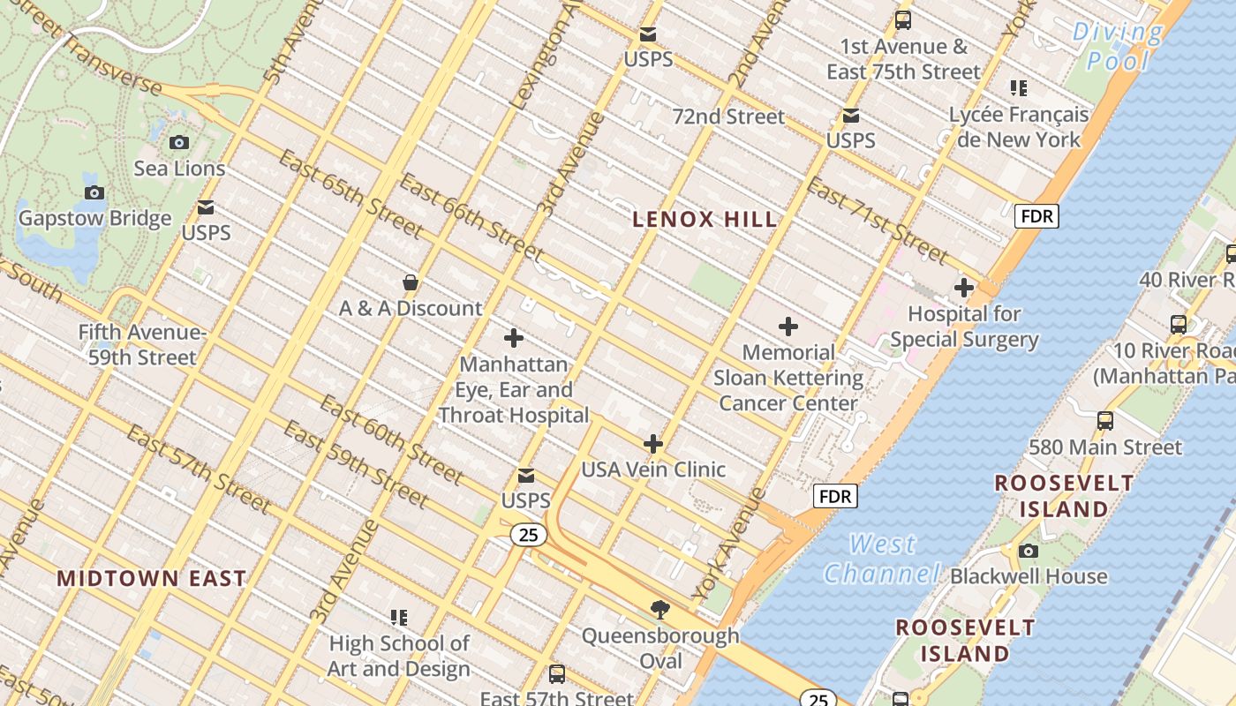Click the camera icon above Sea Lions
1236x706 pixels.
click(x=178, y=142)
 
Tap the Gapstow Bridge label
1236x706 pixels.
click(x=94, y=218)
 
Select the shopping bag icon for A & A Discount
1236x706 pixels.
click(x=410, y=283)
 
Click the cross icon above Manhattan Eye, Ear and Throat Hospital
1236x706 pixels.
click(x=513, y=338)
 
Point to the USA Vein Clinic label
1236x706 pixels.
click(x=652, y=469)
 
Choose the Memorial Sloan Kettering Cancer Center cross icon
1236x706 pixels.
click(x=788, y=327)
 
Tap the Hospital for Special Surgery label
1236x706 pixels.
click(x=964, y=327)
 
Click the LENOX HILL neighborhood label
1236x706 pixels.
click(x=705, y=220)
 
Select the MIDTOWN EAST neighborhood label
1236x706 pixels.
click(x=151, y=579)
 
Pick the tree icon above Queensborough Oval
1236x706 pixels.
click(x=659, y=609)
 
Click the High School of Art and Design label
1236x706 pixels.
click(x=399, y=656)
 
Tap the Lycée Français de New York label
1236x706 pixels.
click(x=1019, y=127)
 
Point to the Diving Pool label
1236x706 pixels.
click(x=1118, y=46)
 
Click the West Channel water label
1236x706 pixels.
click(x=882, y=559)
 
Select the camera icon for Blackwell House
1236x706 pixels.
click(x=1028, y=552)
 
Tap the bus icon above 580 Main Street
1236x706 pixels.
click(x=1104, y=421)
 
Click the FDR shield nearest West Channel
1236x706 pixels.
click(x=834, y=496)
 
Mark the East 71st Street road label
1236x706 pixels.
click(x=878, y=222)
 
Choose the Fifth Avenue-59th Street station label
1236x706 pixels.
click(x=141, y=345)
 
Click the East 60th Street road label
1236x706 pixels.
click(x=390, y=439)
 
